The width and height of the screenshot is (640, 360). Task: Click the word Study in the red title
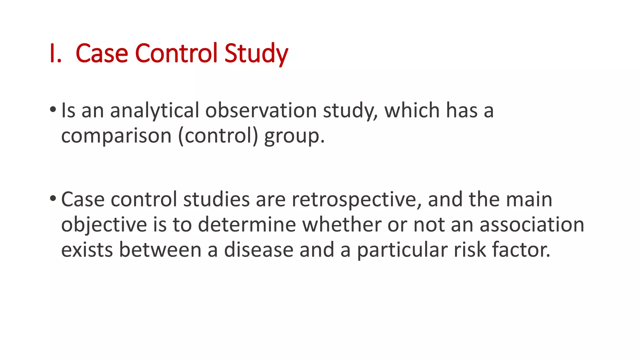(256, 54)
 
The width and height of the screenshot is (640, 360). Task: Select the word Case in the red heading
(102, 54)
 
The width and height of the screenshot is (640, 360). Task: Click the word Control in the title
(176, 54)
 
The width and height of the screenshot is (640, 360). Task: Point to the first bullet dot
(53, 109)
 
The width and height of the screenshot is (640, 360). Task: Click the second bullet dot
(53, 198)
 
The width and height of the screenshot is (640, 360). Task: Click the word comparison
(116, 136)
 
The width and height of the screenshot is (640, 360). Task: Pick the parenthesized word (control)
(218, 136)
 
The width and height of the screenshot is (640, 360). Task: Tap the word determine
(247, 225)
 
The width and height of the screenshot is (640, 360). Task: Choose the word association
(532, 225)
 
